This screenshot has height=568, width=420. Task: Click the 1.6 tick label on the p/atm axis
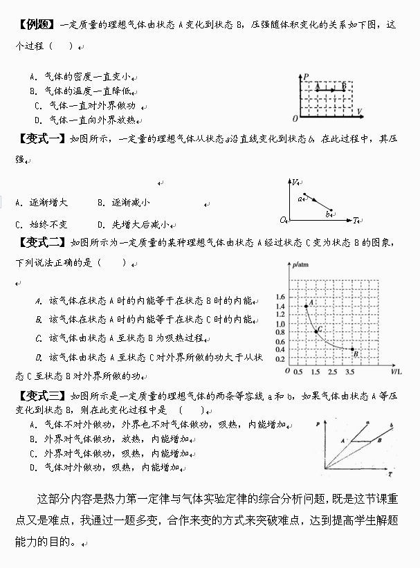coord(280,296)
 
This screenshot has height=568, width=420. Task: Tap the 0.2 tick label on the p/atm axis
coord(280,359)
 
